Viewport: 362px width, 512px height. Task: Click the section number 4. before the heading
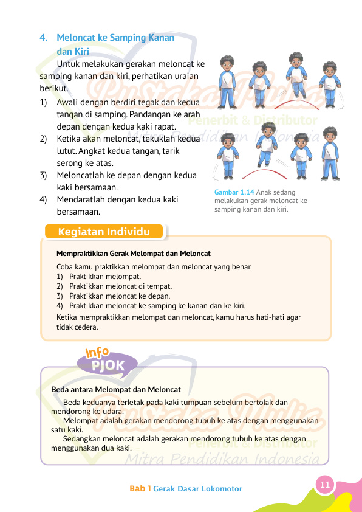(x=43, y=38)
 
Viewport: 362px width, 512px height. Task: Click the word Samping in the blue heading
(x=129, y=38)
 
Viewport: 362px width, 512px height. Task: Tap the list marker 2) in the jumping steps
(x=44, y=139)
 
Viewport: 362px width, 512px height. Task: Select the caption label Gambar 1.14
(x=234, y=192)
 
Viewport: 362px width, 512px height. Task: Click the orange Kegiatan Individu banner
(x=104, y=232)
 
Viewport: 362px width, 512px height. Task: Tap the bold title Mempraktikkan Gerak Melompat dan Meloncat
(x=133, y=253)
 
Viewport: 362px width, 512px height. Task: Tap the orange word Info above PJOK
(x=97, y=352)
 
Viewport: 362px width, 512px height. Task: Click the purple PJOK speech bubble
(x=108, y=365)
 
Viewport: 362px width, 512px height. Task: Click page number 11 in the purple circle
(x=325, y=484)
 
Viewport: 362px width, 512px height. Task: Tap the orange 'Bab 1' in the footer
(x=140, y=489)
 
